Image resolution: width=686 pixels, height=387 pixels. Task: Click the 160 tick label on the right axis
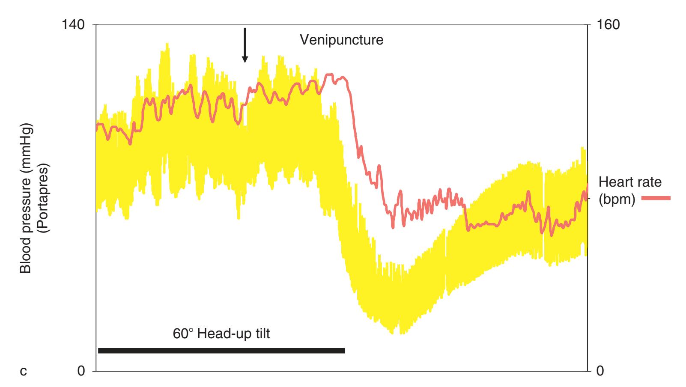point(608,25)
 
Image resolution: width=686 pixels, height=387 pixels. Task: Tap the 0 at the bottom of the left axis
point(81,371)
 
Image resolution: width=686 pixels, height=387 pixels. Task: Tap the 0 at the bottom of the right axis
point(600,371)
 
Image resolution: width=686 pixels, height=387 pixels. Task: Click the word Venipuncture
point(341,41)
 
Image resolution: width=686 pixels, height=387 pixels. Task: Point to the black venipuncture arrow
point(245,43)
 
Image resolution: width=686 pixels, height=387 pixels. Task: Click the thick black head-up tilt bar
point(221,351)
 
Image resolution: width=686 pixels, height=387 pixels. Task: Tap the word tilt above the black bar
point(262,333)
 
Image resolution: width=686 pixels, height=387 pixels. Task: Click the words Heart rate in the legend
point(630,182)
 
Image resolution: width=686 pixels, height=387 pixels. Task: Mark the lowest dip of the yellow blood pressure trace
point(401,333)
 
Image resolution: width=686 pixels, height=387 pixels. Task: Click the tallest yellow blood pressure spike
point(167,44)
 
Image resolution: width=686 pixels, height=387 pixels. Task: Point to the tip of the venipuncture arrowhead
point(245,62)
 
